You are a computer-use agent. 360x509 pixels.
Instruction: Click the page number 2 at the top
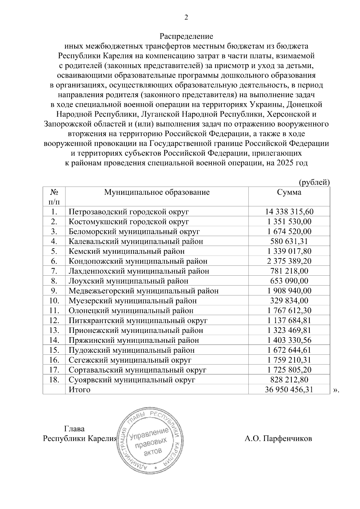(186, 18)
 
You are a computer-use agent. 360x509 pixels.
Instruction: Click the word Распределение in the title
(186, 37)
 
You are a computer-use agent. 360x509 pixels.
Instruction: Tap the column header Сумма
(289, 192)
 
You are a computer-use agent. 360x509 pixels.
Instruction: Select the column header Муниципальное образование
(157, 192)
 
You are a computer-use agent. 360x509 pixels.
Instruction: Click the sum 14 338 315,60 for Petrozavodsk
(289, 212)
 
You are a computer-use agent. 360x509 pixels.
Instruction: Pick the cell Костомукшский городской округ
(129, 222)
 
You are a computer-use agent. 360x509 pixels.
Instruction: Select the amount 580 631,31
(289, 241)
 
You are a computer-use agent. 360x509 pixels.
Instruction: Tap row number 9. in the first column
(54, 291)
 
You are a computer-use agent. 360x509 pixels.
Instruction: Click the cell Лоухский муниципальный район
(128, 281)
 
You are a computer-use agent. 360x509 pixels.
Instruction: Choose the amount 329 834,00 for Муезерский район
(289, 301)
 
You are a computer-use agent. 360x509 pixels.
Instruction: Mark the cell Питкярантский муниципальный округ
(138, 320)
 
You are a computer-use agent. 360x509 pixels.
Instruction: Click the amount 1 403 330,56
(289, 340)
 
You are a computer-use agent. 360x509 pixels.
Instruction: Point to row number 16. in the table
(54, 360)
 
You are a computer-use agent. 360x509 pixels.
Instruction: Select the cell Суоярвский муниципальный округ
(132, 380)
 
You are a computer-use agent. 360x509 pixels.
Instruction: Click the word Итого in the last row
(79, 390)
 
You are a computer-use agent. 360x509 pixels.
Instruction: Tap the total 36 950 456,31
(289, 390)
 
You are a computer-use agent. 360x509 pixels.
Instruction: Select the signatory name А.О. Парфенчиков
(278, 439)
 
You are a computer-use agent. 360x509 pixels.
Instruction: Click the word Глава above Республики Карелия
(74, 429)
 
